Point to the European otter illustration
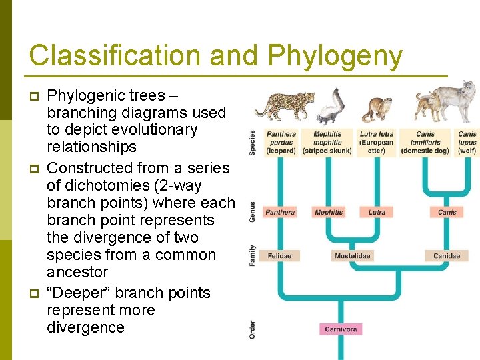[377, 111]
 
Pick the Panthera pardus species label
[281, 142]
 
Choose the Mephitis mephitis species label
[328, 142]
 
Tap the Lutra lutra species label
[377, 142]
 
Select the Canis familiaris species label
[425, 142]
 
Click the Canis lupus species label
[467, 142]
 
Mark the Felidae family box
[279, 256]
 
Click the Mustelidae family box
[352, 256]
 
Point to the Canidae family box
[447, 256]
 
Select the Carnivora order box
[341, 329]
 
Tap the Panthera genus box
[280, 212]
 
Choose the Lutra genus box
[377, 212]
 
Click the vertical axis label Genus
[252, 212]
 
